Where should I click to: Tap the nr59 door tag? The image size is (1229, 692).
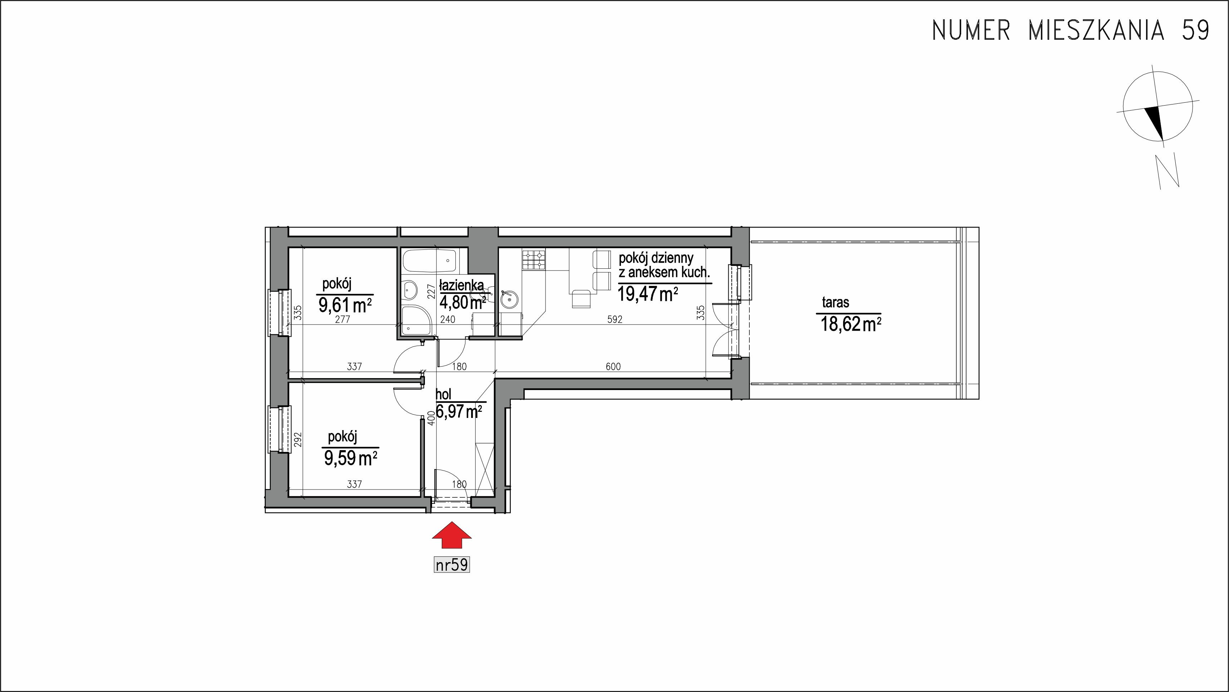(x=452, y=565)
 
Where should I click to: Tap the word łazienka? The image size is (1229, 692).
(x=461, y=286)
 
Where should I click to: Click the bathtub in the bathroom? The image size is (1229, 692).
(x=429, y=260)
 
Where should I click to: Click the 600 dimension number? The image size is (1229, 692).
(x=613, y=366)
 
